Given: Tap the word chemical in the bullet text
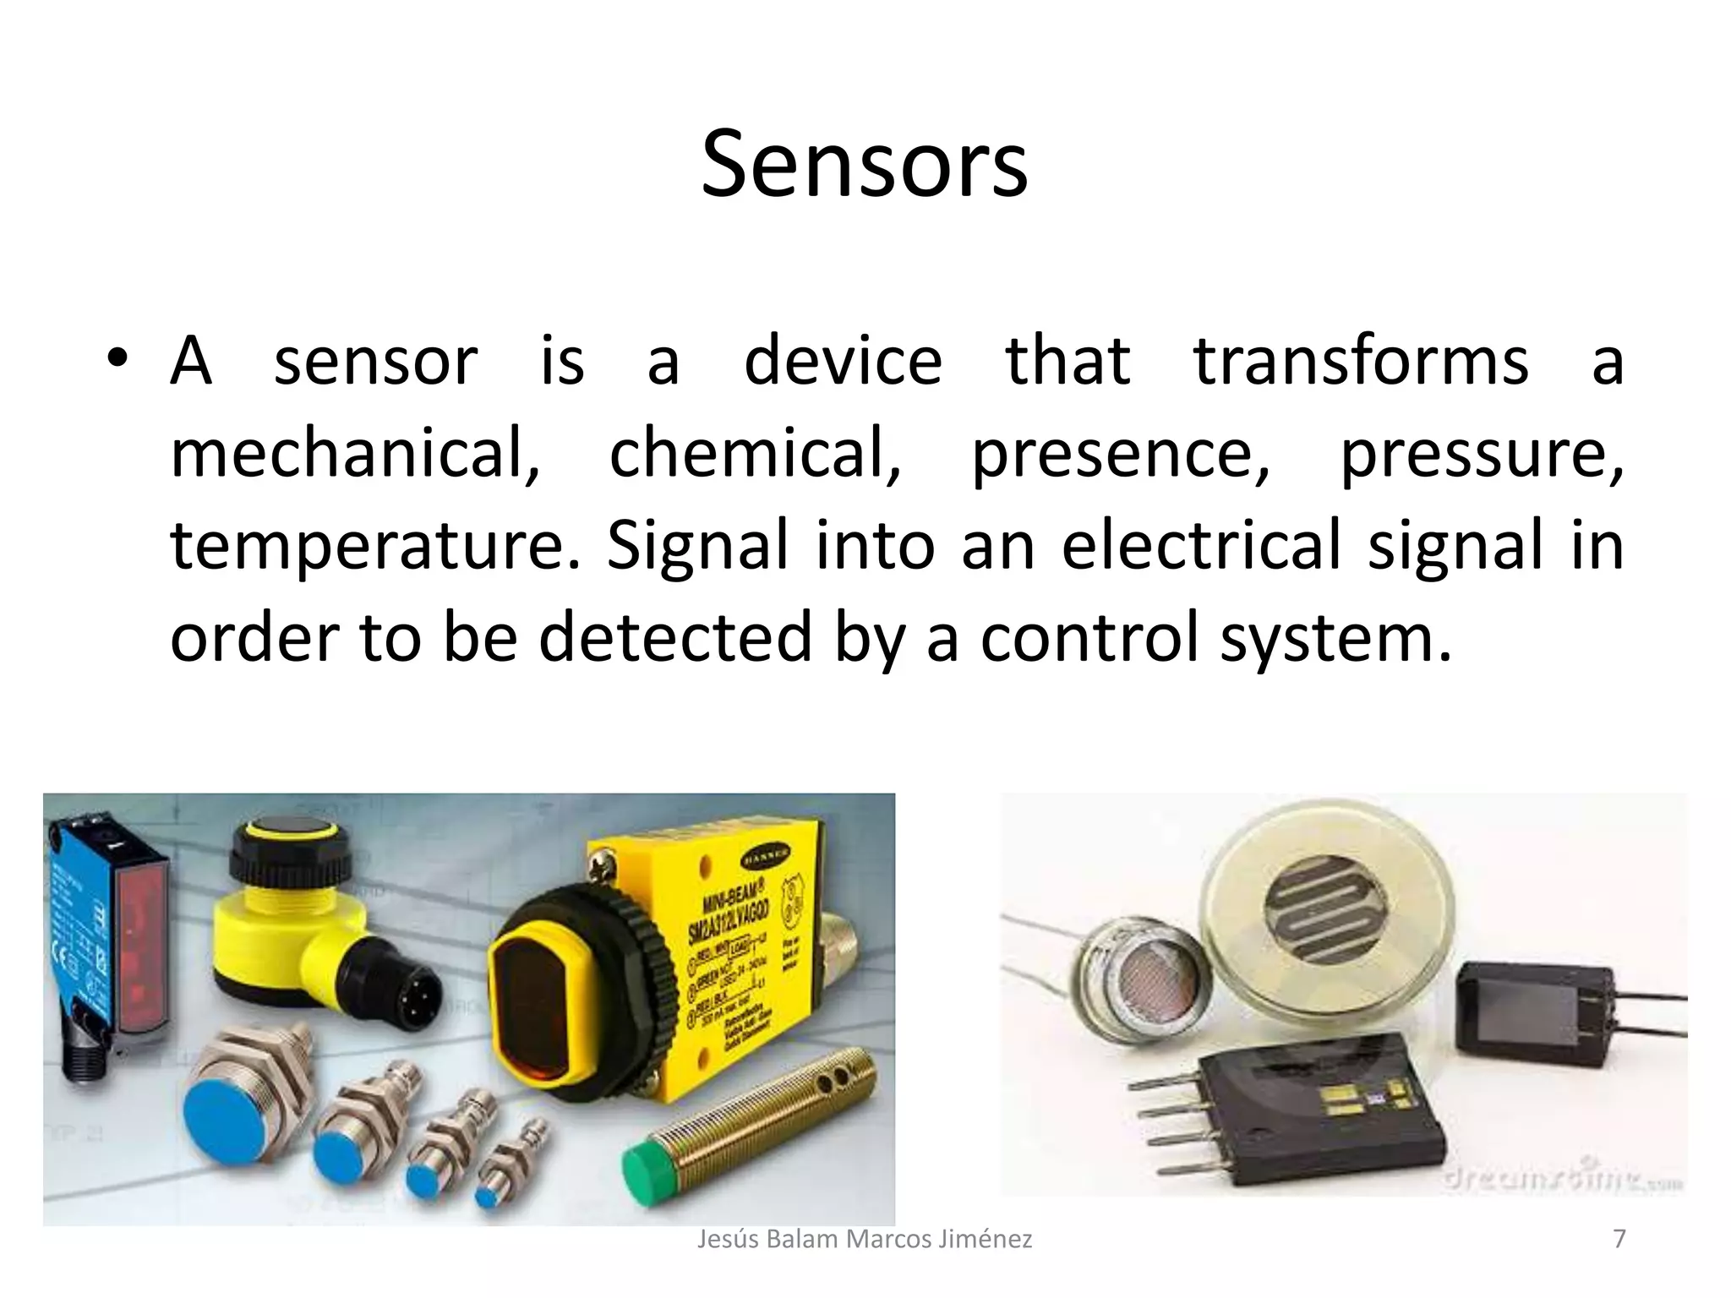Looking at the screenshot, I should [754, 454].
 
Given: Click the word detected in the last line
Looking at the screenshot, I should [675, 638].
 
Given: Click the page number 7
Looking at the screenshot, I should [1619, 1239].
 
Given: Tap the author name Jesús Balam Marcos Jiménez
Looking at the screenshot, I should [864, 1239].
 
